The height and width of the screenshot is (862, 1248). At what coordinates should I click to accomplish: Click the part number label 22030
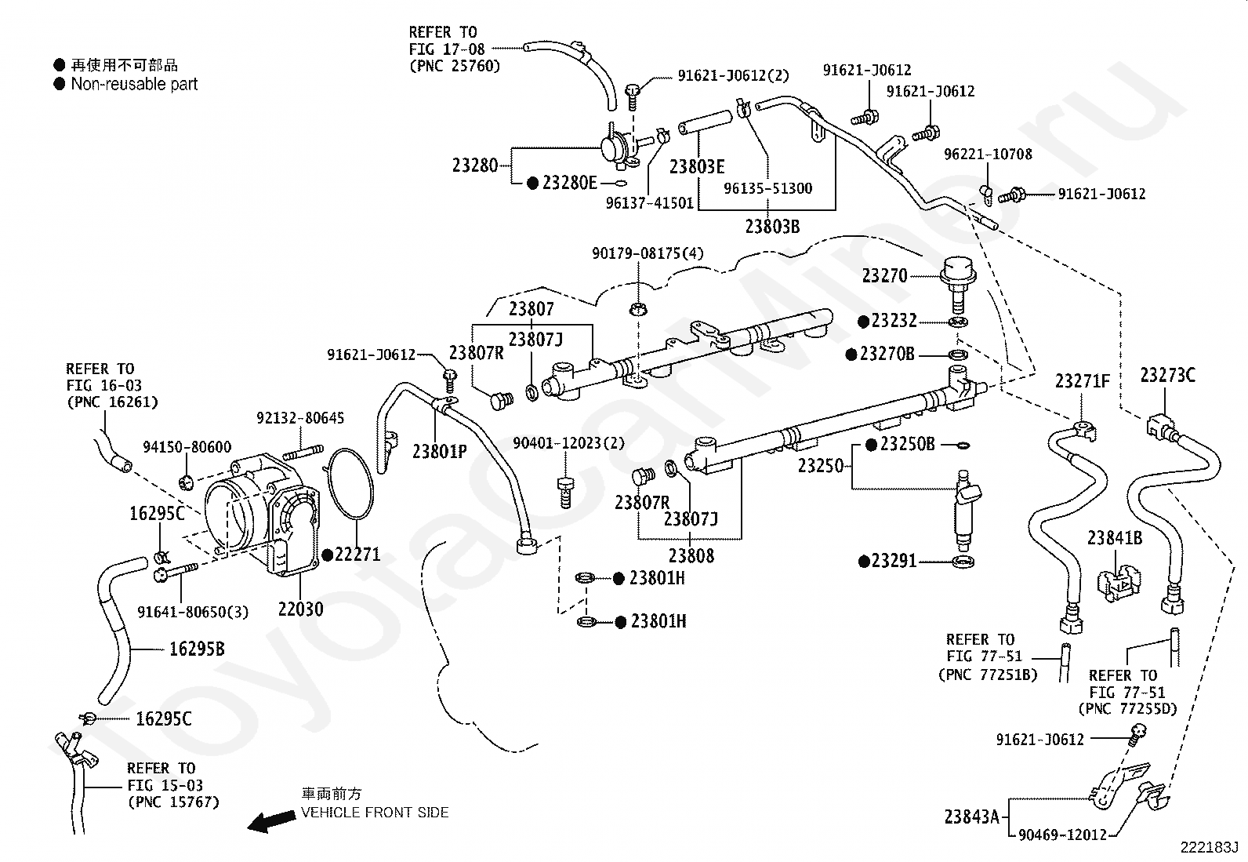tap(300, 609)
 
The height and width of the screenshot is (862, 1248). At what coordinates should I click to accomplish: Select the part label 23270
tap(885, 275)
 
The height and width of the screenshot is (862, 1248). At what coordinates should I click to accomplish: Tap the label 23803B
tap(772, 227)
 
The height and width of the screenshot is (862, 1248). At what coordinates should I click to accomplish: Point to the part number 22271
tap(357, 555)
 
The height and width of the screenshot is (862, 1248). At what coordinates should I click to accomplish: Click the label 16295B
tap(197, 649)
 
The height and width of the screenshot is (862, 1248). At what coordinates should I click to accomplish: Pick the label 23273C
tap(1168, 375)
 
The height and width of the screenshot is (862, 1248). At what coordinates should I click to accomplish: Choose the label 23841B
tap(1115, 538)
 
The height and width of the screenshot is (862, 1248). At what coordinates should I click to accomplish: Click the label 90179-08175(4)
tap(648, 253)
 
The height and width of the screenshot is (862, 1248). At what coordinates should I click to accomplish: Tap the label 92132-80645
tap(300, 417)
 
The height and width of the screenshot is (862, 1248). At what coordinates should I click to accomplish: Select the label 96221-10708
tap(988, 154)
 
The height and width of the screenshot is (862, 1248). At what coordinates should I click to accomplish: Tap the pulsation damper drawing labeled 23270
tap(958, 285)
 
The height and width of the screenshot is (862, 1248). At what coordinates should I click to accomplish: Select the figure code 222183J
tap(1209, 848)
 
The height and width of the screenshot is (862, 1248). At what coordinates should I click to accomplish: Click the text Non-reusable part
tap(134, 84)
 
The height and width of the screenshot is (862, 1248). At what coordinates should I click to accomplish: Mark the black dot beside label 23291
tap(864, 562)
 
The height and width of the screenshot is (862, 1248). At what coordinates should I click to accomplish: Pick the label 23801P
tap(440, 451)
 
